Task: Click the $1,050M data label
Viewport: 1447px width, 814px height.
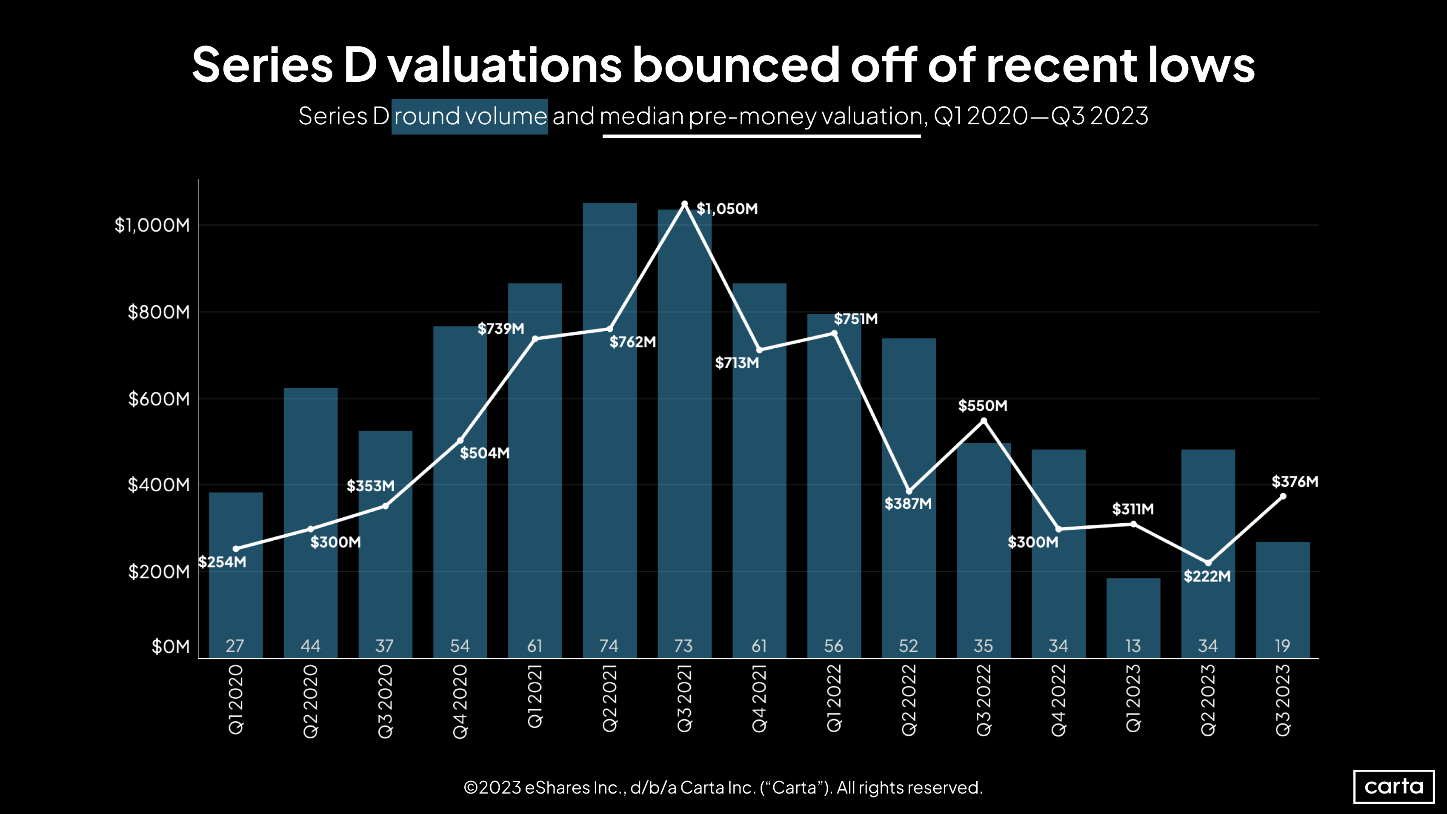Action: [727, 209]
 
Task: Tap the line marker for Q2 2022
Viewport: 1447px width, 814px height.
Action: [909, 492]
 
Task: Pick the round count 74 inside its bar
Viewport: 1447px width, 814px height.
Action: [609, 646]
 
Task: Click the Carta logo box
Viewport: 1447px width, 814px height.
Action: [1394, 786]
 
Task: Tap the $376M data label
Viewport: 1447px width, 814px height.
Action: [1295, 482]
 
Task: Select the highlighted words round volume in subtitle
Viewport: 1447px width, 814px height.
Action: [469, 116]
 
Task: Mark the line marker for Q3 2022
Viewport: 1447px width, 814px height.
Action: [984, 421]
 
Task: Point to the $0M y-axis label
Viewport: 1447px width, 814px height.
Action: [170, 647]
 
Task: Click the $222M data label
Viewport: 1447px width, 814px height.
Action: [1207, 576]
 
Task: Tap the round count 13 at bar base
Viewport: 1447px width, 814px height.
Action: [1133, 646]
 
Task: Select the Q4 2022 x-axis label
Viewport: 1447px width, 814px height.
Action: [1058, 700]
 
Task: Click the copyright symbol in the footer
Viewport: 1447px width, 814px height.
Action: [471, 788]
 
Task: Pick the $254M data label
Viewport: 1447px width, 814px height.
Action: [223, 562]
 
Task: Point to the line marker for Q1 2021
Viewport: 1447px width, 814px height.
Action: [535, 339]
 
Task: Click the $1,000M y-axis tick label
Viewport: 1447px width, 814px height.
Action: [152, 225]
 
